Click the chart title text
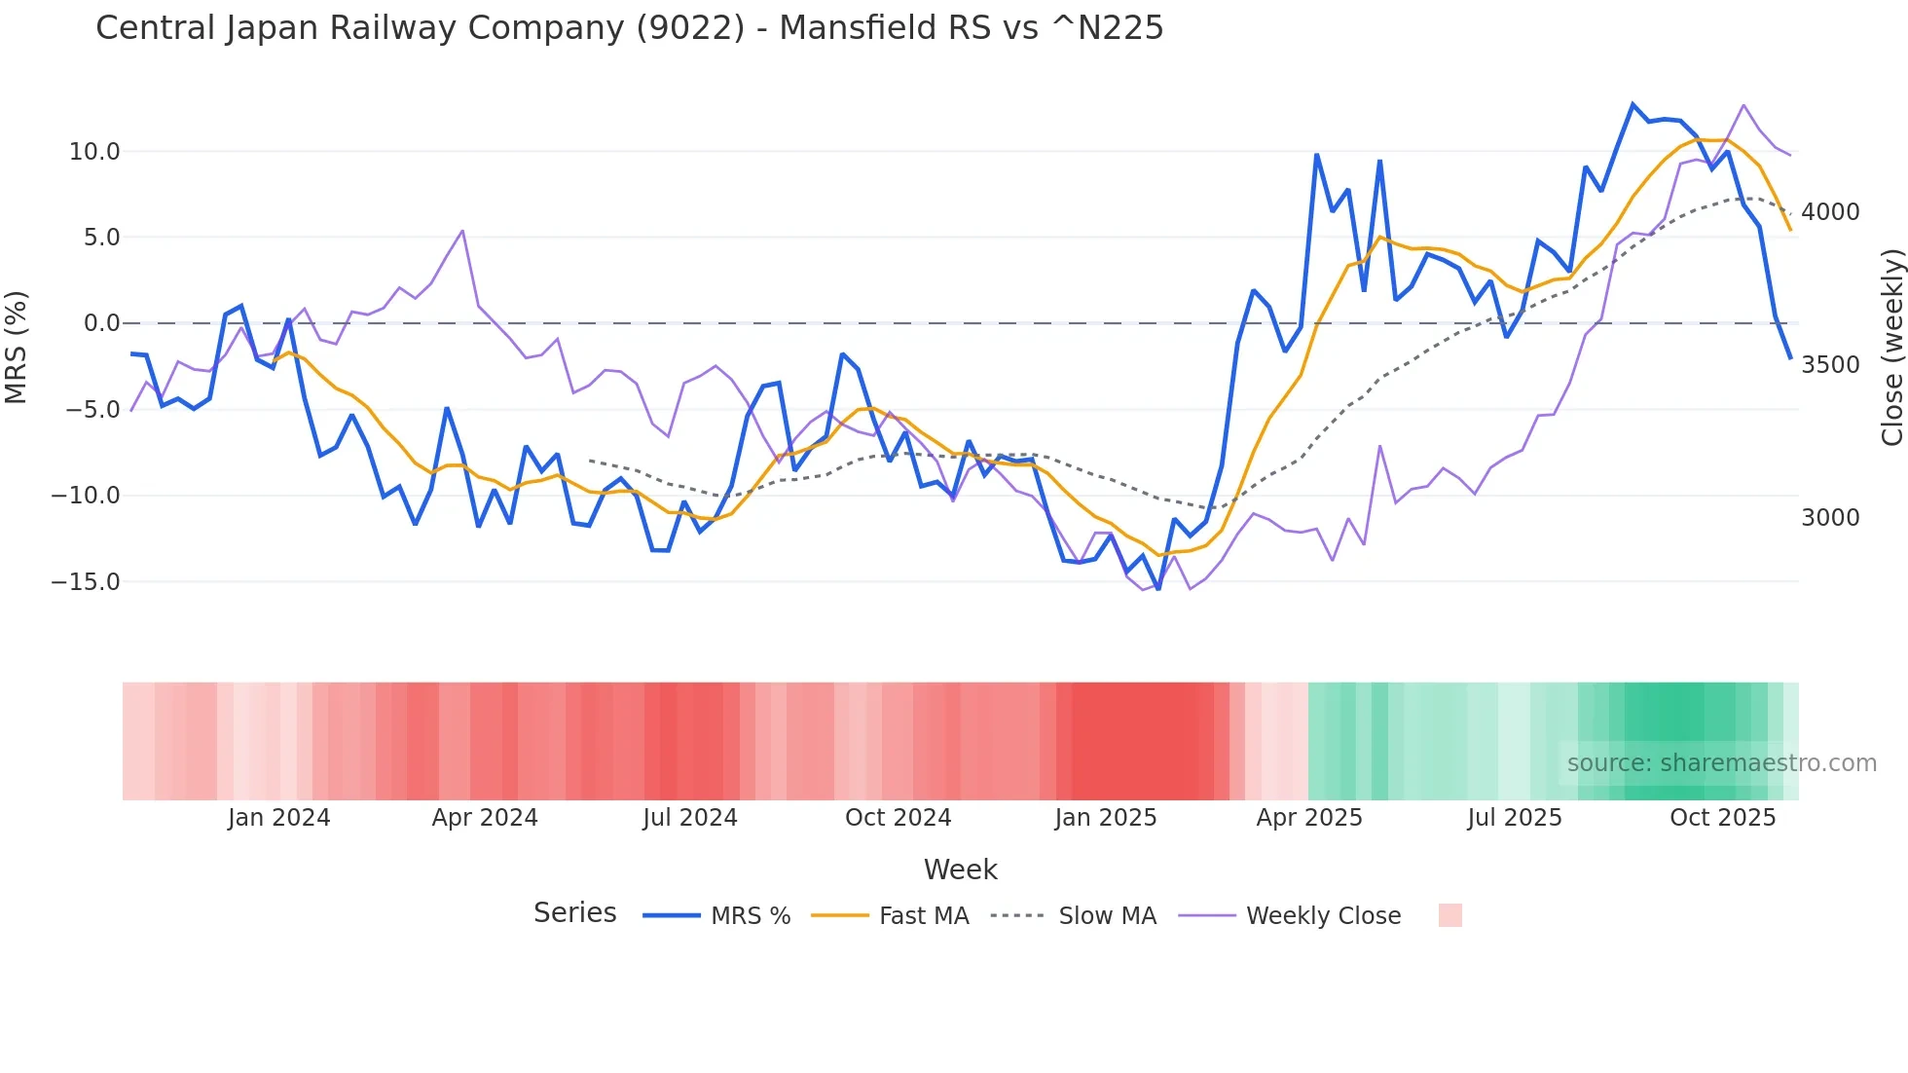click(x=629, y=28)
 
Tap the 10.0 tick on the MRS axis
click(x=94, y=152)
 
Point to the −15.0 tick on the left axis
click(x=86, y=582)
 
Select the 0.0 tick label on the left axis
click(x=101, y=323)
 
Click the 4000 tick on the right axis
click(x=1830, y=212)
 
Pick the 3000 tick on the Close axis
click(x=1830, y=518)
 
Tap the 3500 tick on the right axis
click(x=1830, y=365)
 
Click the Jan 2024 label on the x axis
click(x=278, y=818)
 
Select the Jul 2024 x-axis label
click(x=689, y=818)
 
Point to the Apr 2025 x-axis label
click(x=1308, y=818)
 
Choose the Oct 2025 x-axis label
click(x=1722, y=818)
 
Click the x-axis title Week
click(x=960, y=869)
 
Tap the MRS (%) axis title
click(x=17, y=347)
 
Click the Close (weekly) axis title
click(x=1891, y=347)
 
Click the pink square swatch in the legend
click(x=1449, y=915)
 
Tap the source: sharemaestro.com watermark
click(x=1721, y=763)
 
